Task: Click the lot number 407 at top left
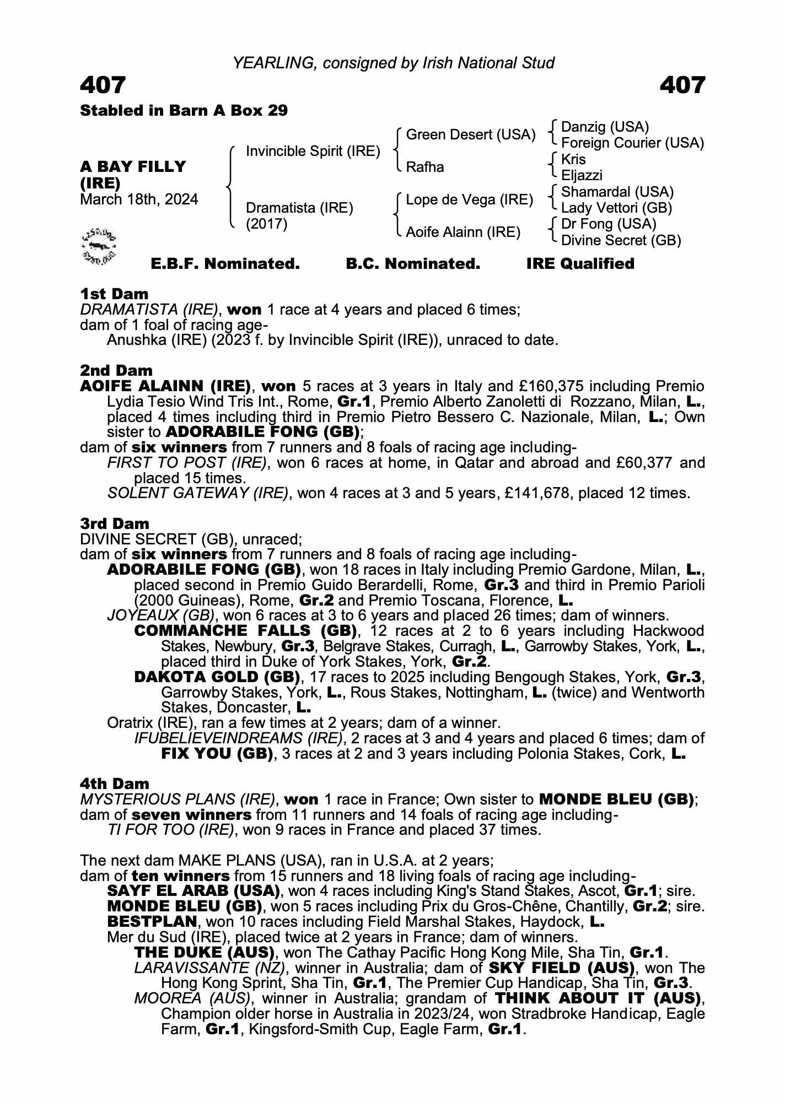coord(103,85)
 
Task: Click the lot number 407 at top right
coord(682,85)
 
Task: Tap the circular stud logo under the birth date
coord(99,245)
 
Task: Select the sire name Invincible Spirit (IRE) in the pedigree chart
coord(313,152)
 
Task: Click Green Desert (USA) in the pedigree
coord(470,135)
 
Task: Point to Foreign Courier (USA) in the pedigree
coord(632,143)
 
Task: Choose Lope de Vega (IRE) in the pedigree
coord(469,199)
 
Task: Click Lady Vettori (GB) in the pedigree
coord(616,208)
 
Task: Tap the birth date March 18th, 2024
coord(139,199)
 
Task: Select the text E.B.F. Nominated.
coord(225,264)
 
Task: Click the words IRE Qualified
coord(580,264)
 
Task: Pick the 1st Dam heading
coord(114,294)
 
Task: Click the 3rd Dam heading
coord(115,523)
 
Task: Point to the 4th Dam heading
coord(115,784)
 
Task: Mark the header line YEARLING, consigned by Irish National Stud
coord(393,63)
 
